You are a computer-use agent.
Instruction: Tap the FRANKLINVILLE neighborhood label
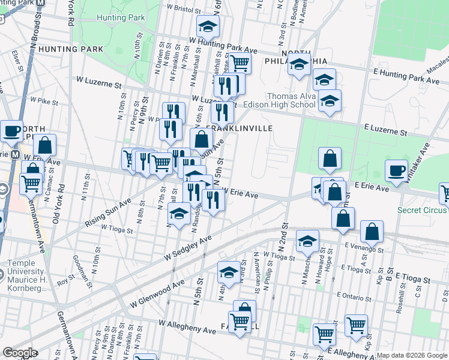(x=240, y=128)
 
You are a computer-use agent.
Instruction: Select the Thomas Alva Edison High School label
(x=291, y=100)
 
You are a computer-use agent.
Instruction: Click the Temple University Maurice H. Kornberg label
(x=27, y=275)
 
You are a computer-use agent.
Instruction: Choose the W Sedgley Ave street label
(x=188, y=247)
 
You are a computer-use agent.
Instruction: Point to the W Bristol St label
(x=183, y=9)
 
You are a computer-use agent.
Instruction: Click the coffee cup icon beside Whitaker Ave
(x=396, y=170)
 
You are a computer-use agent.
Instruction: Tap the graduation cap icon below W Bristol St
(x=208, y=26)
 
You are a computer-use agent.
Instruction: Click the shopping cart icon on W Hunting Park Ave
(x=240, y=62)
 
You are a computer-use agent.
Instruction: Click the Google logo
(x=20, y=353)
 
